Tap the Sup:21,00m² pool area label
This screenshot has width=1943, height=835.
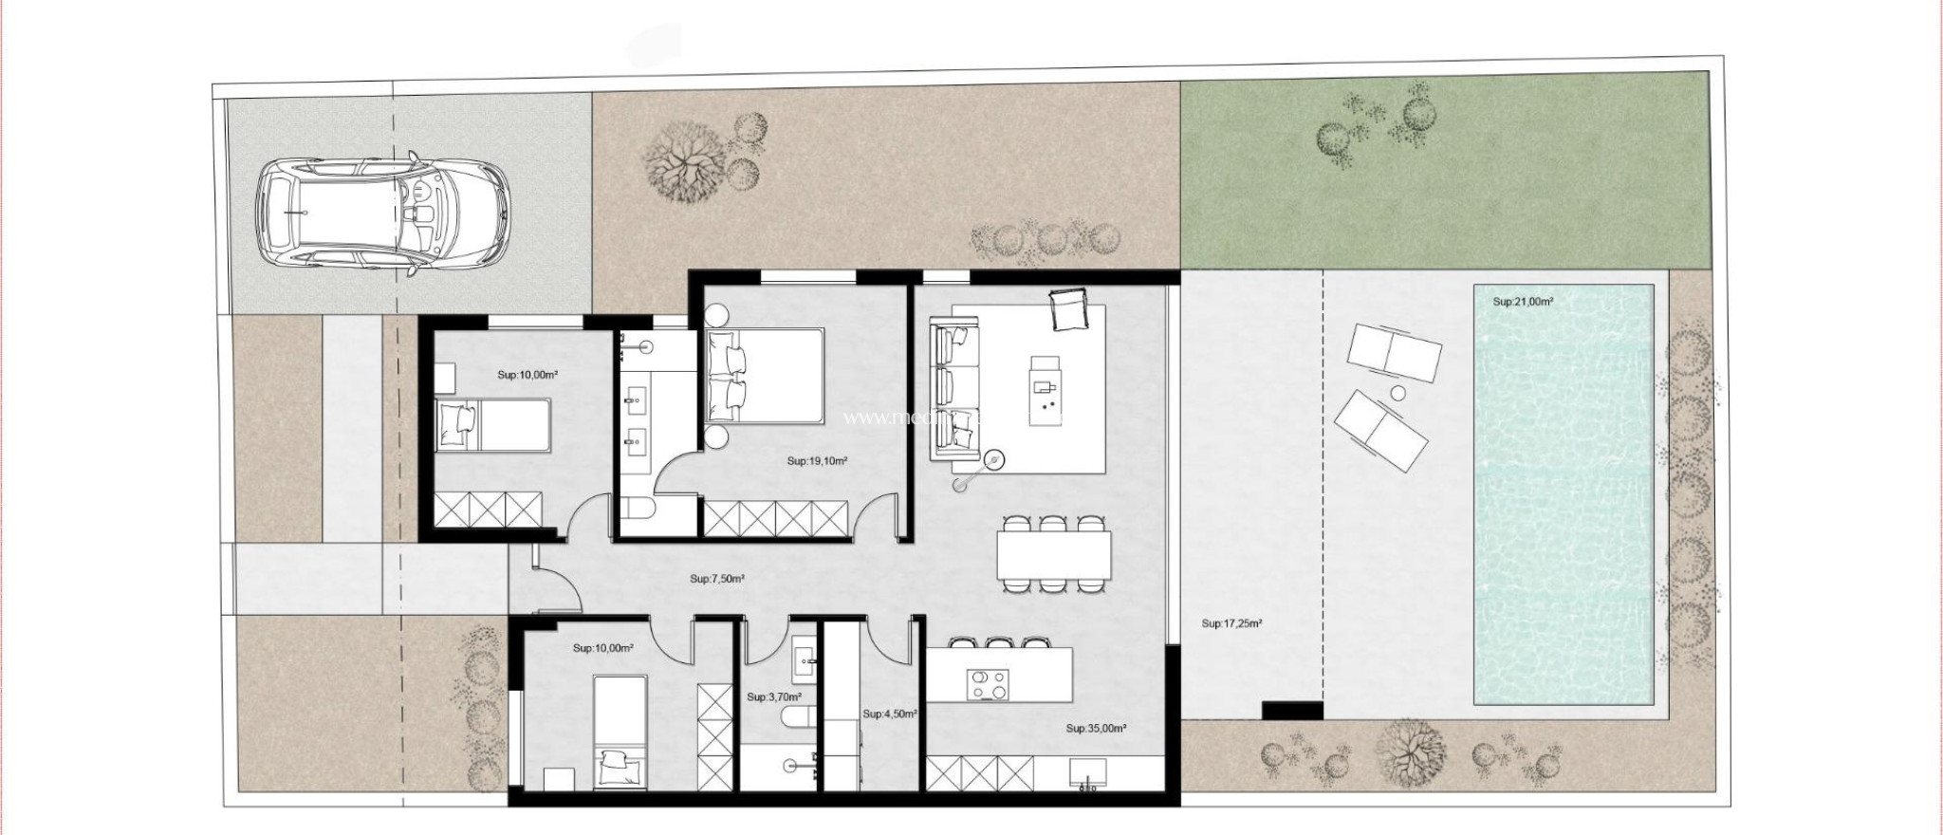1523,302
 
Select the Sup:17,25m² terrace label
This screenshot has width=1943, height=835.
1231,624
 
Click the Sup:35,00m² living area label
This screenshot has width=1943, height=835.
1096,729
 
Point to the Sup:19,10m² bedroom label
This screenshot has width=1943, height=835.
817,461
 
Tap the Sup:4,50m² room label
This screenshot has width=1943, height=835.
889,714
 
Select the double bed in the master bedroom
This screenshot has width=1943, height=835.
765,376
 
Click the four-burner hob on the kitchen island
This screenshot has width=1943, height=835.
987,684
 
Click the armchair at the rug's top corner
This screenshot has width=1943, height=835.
1067,310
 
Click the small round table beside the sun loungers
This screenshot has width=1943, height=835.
1397,393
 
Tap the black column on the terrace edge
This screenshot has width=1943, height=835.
1291,709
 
